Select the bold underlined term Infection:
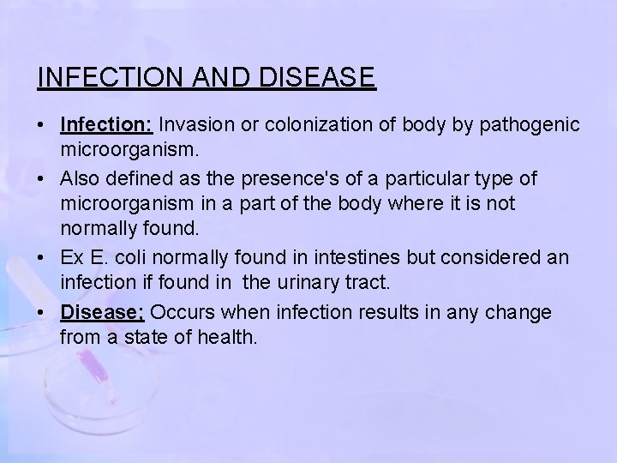click(x=106, y=125)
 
